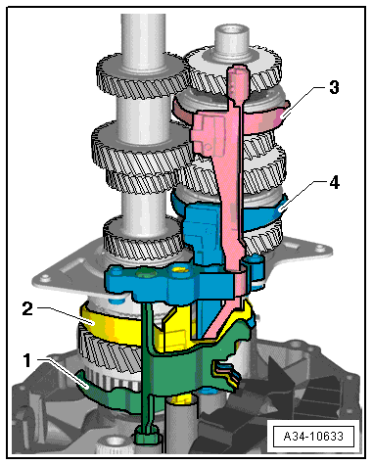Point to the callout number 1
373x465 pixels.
click(x=29, y=359)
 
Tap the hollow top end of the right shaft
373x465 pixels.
click(x=232, y=39)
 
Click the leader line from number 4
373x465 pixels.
click(x=303, y=195)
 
